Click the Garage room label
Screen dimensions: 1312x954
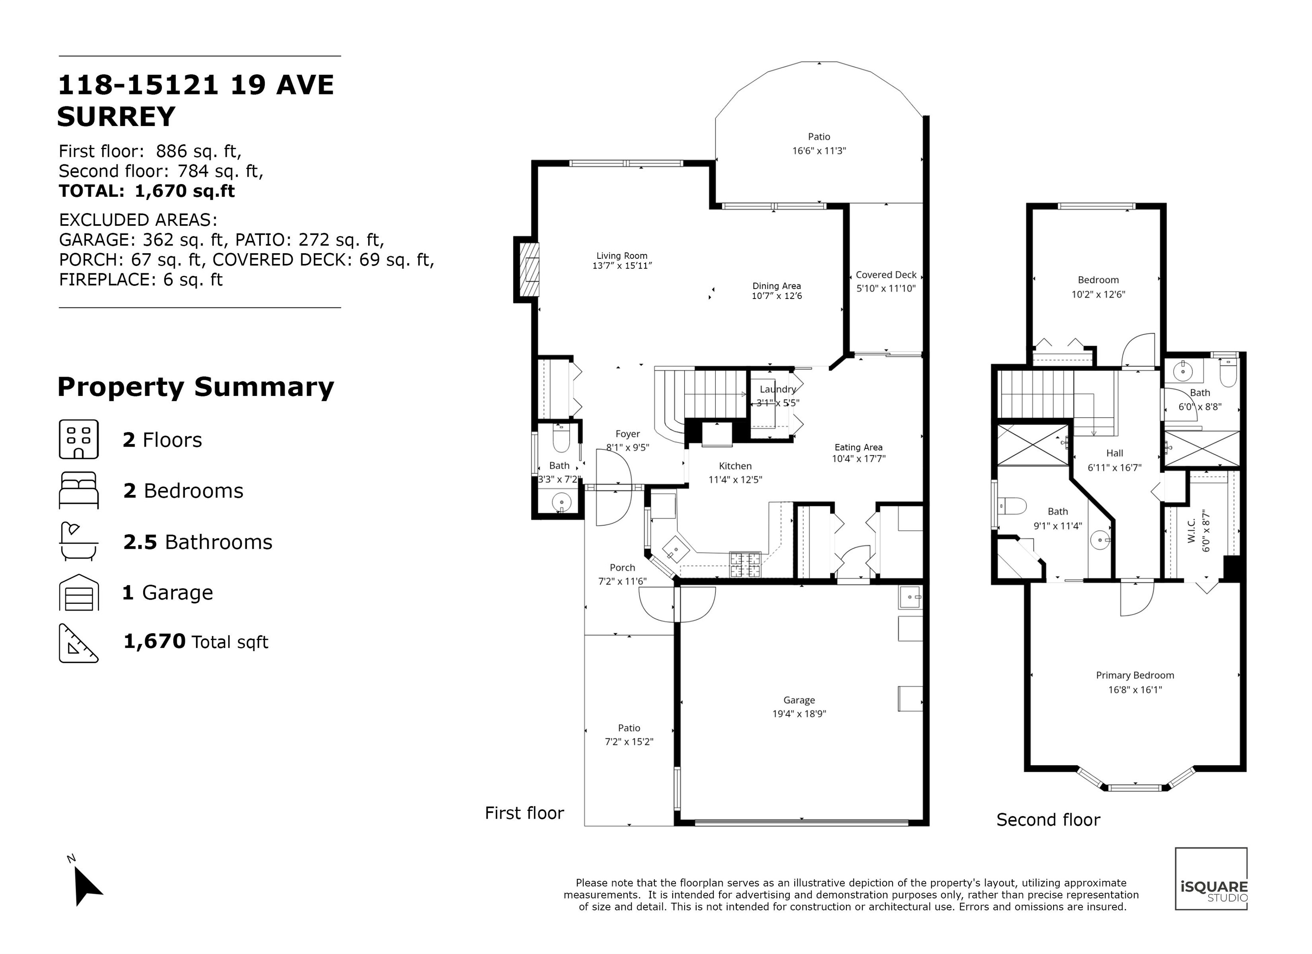click(x=799, y=700)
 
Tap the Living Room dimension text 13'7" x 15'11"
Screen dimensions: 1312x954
click(x=622, y=266)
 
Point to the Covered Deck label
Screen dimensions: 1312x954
click(x=886, y=275)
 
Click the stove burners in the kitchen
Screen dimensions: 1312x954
click(x=745, y=565)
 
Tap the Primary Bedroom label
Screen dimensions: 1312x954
click(x=1135, y=675)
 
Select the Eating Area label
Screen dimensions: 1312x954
click(x=858, y=447)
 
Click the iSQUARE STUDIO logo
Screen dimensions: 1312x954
click(x=1211, y=878)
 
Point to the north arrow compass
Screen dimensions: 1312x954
click(x=85, y=881)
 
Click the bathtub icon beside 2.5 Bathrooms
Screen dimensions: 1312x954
click(x=79, y=541)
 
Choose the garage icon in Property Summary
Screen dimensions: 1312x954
click(x=79, y=592)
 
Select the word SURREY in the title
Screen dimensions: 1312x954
click(x=116, y=117)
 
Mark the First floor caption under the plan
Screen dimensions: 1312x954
click(x=524, y=813)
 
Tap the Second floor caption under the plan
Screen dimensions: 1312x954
click(x=1048, y=820)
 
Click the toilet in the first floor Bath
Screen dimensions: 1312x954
click(x=562, y=439)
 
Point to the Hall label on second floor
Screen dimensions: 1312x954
click(x=1115, y=454)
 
